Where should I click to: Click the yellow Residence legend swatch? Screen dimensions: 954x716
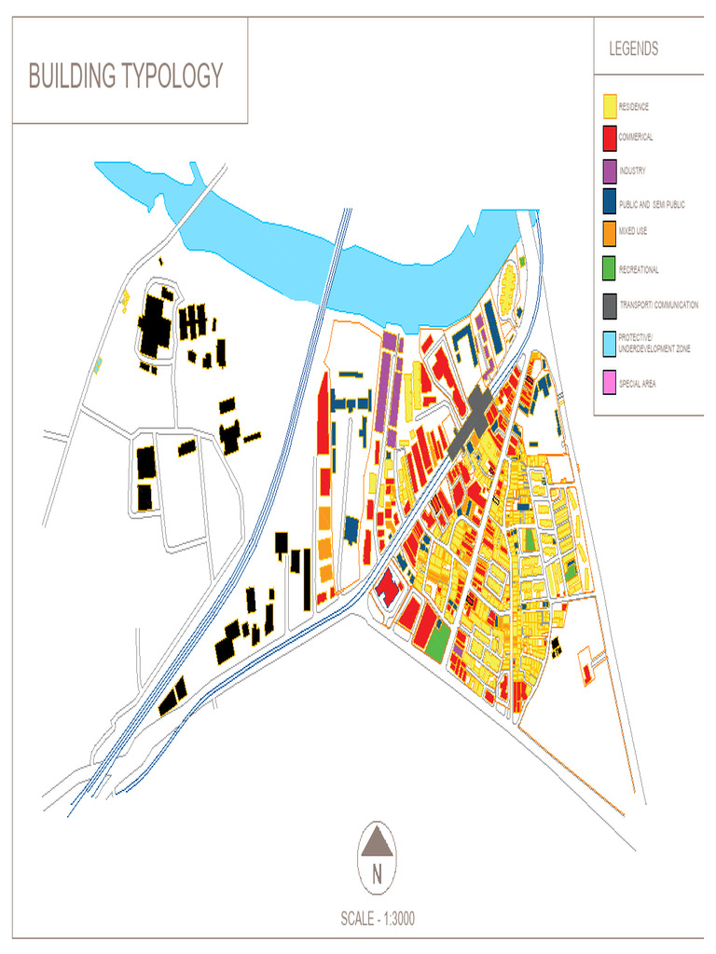click(610, 106)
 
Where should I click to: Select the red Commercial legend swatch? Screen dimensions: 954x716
click(610, 138)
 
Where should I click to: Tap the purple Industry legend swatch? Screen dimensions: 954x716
click(610, 171)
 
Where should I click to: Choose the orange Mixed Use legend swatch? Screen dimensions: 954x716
click(610, 230)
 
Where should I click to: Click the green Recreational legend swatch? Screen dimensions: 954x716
click(610, 268)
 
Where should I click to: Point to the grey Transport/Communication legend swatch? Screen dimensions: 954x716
click(610, 305)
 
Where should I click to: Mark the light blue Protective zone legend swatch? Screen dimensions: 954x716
click(610, 343)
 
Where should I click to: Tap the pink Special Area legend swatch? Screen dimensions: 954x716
click(610, 382)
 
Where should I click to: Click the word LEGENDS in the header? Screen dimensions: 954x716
click(634, 48)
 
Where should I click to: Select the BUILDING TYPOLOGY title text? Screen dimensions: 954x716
click(126, 76)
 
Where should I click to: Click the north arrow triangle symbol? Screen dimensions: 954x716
click(378, 843)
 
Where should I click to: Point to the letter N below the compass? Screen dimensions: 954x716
click(378, 875)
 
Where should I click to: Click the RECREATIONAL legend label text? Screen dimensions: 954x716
click(640, 270)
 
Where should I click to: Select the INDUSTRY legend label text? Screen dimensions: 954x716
click(633, 171)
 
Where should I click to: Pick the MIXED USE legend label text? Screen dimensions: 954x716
click(634, 230)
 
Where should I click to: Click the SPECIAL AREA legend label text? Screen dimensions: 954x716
click(637, 383)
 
